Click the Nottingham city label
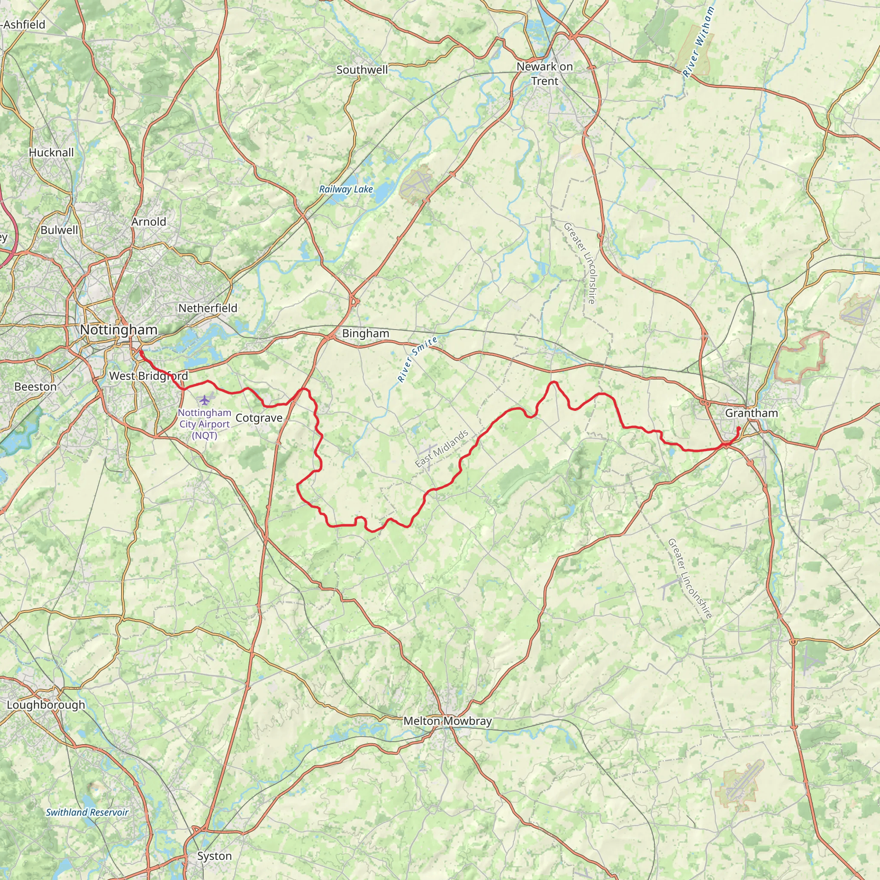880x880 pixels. [119, 330]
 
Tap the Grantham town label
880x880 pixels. [751, 413]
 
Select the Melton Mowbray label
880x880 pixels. [447, 721]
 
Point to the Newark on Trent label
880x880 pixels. [544, 74]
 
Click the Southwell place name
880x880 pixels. [362, 70]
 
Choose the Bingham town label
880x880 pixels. [365, 333]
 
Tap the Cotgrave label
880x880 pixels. [259, 418]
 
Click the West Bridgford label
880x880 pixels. [149, 376]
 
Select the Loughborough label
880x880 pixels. [46, 705]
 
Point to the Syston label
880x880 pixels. [214, 856]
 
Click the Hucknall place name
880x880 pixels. [51, 153]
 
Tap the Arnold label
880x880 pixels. [149, 222]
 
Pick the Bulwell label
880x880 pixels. [59, 230]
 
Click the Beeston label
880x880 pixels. [36, 387]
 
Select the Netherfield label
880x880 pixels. [208, 309]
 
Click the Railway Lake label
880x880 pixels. [346, 189]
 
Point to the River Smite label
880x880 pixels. [417, 359]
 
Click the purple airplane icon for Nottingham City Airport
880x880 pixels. [205, 400]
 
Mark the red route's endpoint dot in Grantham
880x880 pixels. [738, 428]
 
